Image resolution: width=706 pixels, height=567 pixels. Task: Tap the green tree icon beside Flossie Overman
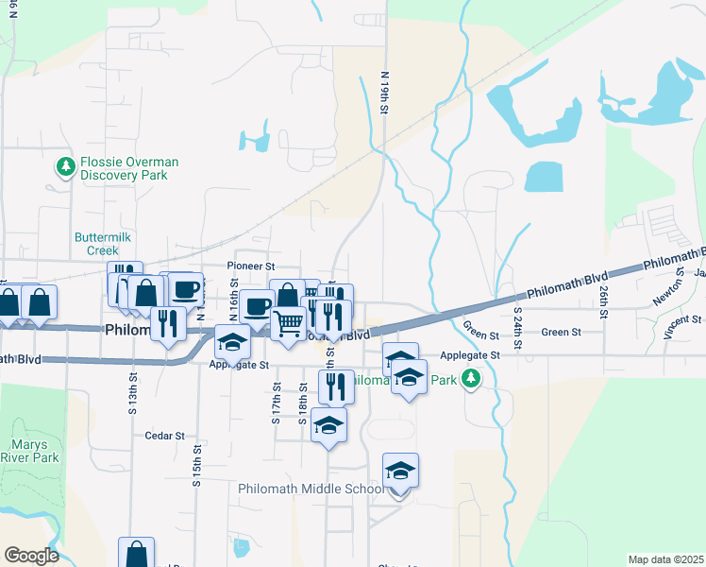(66, 167)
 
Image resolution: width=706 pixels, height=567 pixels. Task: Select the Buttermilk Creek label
(97, 244)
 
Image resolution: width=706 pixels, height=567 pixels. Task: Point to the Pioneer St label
(250, 267)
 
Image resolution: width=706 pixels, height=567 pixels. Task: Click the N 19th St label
(385, 93)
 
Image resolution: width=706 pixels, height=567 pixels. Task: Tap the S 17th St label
(277, 404)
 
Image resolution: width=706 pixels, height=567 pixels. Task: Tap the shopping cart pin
(289, 323)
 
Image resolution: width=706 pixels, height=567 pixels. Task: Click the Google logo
(31, 556)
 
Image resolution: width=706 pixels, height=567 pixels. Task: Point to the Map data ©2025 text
(665, 559)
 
